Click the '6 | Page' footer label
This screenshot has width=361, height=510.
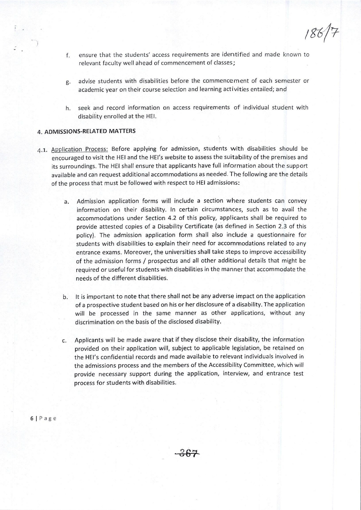43,418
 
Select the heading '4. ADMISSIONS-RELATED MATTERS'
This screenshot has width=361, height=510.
87,131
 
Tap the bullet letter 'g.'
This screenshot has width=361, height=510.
67,82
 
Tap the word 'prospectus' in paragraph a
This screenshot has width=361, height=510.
139,261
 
